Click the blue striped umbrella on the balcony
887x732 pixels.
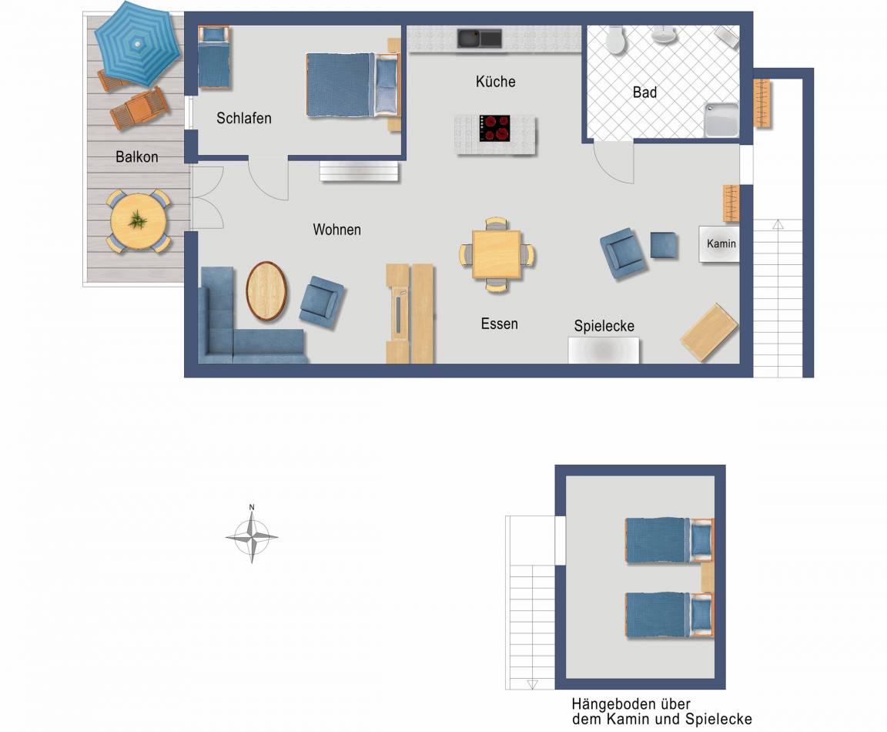coord(138,44)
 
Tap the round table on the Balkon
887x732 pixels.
coord(138,221)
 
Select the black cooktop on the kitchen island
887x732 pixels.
coord(494,129)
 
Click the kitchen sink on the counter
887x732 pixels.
coord(479,39)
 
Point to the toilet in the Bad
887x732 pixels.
coord(615,39)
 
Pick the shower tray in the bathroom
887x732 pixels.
coord(721,119)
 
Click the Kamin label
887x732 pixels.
coord(721,243)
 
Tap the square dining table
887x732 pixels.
coord(497,254)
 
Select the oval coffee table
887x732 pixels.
coord(266,291)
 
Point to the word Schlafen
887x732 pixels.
coord(244,119)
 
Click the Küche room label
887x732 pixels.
coord(496,82)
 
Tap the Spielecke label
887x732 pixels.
coord(604,326)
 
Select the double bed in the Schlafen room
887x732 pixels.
coord(353,85)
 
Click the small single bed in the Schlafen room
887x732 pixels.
coord(214,57)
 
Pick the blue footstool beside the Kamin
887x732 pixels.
coord(664,245)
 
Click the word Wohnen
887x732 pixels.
coord(336,230)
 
